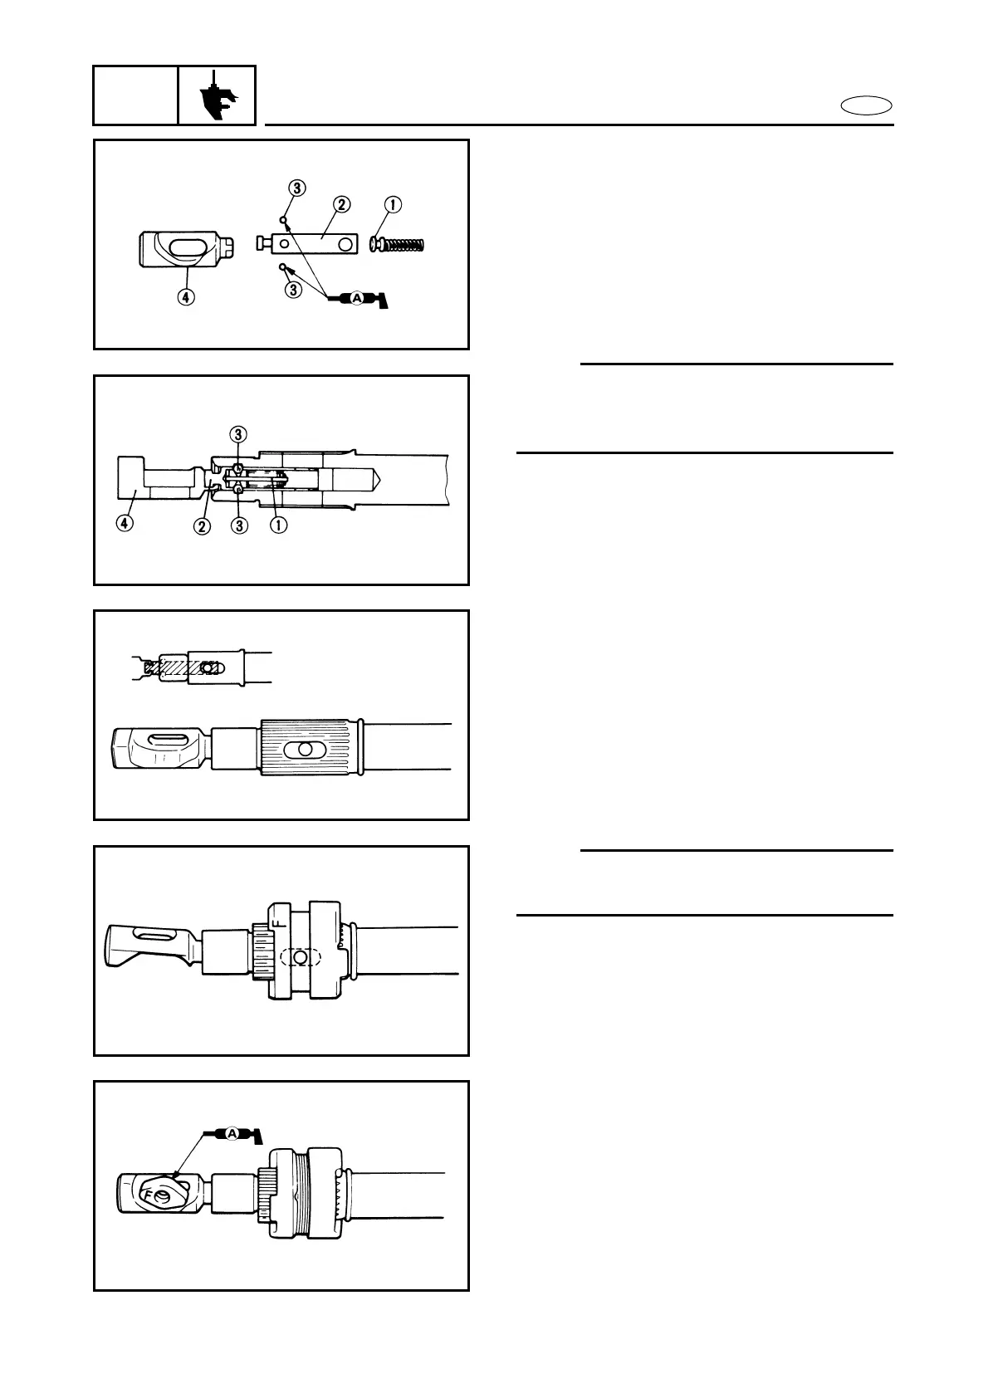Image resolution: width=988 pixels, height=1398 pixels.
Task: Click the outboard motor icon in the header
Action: [218, 96]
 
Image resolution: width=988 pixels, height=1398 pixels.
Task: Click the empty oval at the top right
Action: [866, 105]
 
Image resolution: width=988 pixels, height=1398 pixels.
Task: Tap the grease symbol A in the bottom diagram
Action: [232, 1132]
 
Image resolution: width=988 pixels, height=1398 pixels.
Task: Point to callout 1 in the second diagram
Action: [279, 526]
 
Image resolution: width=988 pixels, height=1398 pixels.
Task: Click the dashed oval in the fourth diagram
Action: [301, 957]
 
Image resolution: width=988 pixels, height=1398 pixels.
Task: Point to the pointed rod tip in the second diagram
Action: [374, 479]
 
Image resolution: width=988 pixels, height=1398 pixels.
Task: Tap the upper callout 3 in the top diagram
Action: [298, 187]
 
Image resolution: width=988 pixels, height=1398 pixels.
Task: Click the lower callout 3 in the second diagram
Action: [239, 526]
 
